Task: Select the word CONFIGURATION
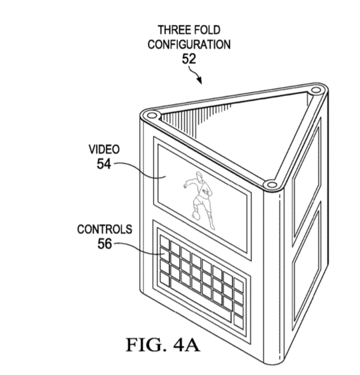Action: click(189, 44)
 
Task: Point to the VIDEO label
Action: click(104, 149)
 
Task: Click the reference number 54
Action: click(104, 164)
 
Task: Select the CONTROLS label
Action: click(104, 230)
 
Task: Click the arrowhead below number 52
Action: click(199, 81)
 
